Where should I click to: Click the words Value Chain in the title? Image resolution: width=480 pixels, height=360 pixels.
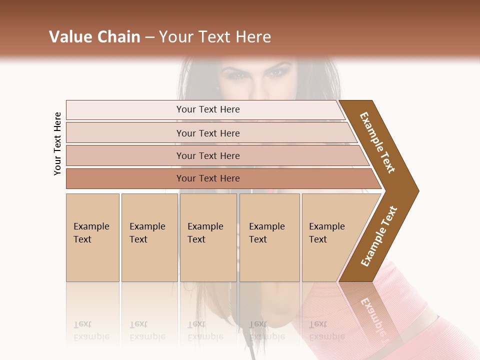[x=94, y=37]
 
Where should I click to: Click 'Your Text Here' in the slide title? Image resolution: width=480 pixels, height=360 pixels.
[x=215, y=37]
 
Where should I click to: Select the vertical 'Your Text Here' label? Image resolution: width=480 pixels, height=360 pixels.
[x=57, y=143]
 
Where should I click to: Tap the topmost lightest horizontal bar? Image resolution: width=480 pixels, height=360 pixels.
[x=207, y=109]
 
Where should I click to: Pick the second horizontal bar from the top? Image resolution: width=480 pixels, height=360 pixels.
[x=207, y=133]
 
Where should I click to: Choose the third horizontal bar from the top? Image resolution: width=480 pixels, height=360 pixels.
[x=207, y=155]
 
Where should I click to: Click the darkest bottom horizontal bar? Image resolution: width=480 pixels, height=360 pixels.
[x=207, y=178]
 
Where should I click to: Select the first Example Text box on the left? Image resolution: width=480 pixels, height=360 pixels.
[x=92, y=237]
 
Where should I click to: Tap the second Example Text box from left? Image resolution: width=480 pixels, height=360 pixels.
[x=149, y=237]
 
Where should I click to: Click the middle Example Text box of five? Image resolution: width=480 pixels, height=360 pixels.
[x=208, y=237]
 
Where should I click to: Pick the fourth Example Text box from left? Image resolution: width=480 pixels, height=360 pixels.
[x=269, y=237]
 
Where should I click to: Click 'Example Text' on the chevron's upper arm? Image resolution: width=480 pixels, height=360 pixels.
[x=377, y=142]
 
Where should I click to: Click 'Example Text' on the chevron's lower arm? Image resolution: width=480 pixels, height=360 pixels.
[x=379, y=236]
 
